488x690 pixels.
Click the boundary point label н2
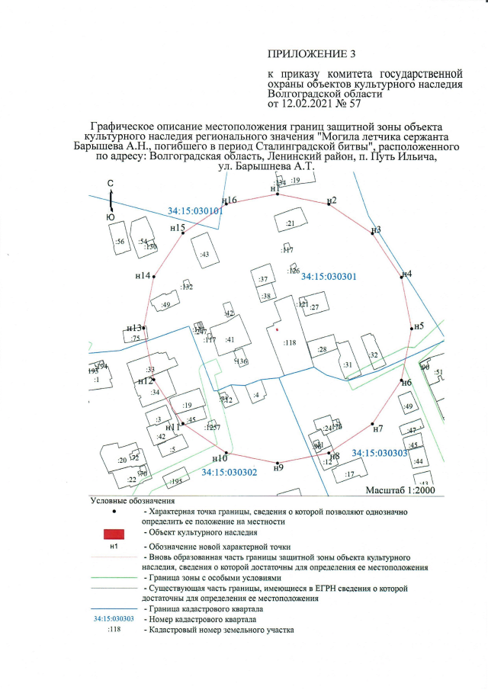332,200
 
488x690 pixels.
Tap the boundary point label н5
419,326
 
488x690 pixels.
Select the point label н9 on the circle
278,467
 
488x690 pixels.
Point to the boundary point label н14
143,275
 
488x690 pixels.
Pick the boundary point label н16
230,200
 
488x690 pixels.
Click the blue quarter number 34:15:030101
195,210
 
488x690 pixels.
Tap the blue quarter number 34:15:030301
329,277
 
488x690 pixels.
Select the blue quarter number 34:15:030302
229,473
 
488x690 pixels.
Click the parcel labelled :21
290,223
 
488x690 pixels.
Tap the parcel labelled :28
323,350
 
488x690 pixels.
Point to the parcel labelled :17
351,474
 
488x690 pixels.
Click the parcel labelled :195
178,481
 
